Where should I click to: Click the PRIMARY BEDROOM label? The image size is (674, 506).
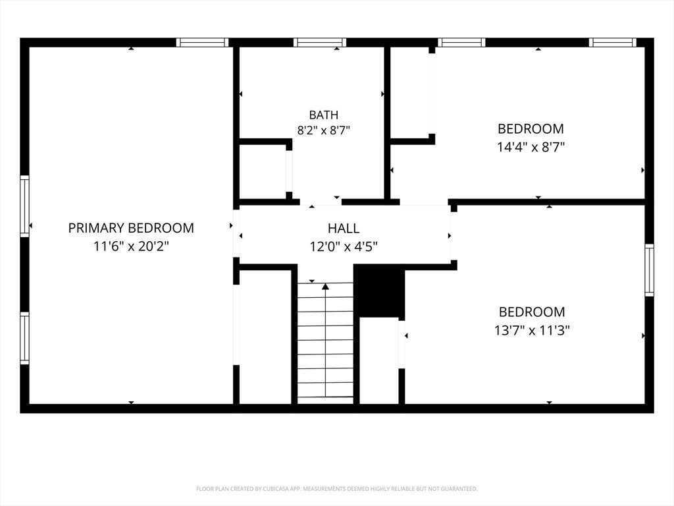coord(131,227)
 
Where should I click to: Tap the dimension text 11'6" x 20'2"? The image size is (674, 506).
coord(131,246)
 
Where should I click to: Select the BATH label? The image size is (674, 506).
coord(324,115)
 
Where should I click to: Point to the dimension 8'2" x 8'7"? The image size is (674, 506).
coord(324,130)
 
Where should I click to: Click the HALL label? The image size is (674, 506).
coord(344,228)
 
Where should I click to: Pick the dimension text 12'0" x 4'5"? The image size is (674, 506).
coord(344,246)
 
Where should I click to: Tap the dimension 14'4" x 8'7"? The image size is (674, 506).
coord(531,147)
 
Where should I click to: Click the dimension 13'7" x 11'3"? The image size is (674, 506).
coord(532,331)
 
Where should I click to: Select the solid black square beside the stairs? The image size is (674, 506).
coord(379,291)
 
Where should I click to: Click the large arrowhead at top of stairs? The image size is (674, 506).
coord(325,286)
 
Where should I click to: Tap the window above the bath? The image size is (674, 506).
coord(320,42)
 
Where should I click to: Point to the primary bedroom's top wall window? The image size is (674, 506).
coord(203,42)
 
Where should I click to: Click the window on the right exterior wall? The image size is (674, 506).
coord(649,270)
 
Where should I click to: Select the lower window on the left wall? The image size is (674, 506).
coord(25,338)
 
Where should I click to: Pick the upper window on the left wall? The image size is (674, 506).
coord(25,206)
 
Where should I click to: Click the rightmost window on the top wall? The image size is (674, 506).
coord(613,42)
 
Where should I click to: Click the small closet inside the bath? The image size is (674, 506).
coord(263,172)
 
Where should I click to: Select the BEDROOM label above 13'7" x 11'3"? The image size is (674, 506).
coord(532,312)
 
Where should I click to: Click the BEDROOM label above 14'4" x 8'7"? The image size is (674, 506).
coord(531,128)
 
